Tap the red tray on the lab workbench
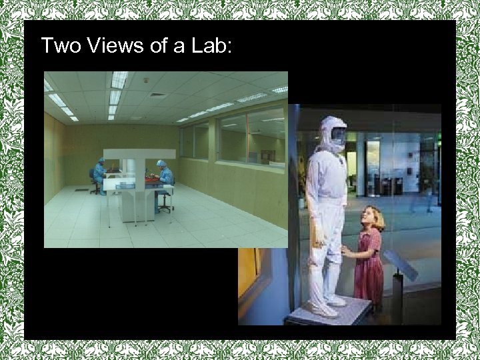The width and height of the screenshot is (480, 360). click(152, 179)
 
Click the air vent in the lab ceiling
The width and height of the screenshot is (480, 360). click(157, 95)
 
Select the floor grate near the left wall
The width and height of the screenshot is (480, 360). click(82, 189)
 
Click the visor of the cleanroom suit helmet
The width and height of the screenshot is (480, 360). click(338, 136)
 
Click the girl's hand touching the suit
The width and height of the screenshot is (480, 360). click(345, 251)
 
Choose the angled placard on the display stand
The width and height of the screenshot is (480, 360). click(400, 264)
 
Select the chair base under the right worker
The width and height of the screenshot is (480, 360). click(164, 208)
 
